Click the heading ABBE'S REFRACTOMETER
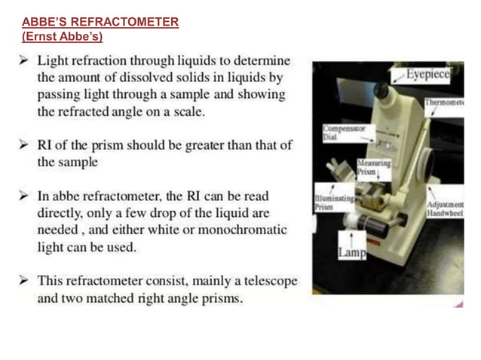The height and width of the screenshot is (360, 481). click(100, 22)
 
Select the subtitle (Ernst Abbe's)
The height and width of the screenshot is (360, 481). click(62, 36)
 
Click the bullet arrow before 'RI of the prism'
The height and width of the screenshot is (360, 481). click(25, 145)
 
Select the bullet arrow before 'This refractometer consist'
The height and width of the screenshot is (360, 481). click(25, 281)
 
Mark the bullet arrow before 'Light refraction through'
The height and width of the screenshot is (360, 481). click(25, 60)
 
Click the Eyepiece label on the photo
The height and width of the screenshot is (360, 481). click(427, 75)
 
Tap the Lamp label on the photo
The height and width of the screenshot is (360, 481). click(351, 254)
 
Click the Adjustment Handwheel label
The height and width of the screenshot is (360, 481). click(445, 209)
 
